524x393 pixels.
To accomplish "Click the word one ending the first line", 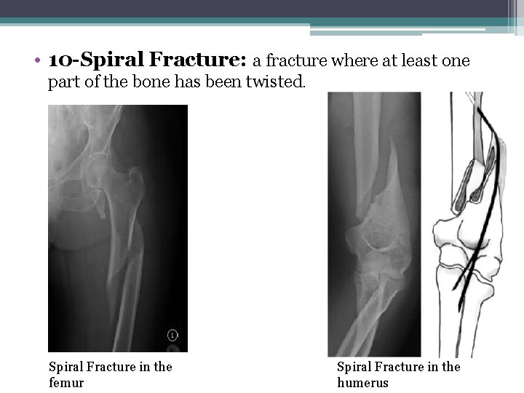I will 456,60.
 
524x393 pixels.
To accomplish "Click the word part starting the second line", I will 63,83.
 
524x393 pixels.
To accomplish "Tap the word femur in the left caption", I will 66,382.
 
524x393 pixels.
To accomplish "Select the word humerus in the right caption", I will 362,382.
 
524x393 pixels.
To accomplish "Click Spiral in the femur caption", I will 65,367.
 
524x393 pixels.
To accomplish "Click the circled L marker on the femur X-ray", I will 172,336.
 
